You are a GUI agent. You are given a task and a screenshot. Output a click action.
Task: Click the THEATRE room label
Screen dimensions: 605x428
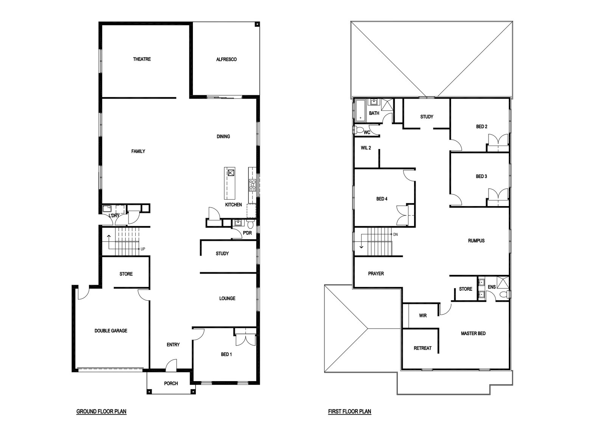pyautogui.click(x=142, y=59)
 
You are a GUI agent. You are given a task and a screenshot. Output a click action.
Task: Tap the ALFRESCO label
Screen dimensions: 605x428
pyautogui.click(x=226, y=59)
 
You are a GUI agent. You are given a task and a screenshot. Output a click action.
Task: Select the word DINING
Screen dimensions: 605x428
pyautogui.click(x=223, y=136)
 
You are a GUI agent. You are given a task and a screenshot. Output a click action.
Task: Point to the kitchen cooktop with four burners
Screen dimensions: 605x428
pyautogui.click(x=253, y=186)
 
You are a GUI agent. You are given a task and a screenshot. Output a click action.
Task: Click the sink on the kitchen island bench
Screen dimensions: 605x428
pyautogui.click(x=231, y=172)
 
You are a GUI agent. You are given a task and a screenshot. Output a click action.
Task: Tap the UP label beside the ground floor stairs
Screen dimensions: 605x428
pyautogui.click(x=143, y=249)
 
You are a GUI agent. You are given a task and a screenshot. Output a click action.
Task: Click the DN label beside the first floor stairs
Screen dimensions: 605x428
pyautogui.click(x=396, y=234)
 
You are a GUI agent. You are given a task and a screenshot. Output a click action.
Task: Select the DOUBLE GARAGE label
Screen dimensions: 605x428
pyautogui.click(x=111, y=331)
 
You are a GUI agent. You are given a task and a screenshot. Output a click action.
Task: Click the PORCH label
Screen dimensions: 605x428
pyautogui.click(x=171, y=383)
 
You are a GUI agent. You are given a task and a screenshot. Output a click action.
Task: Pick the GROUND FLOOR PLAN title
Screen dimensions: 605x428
pyautogui.click(x=101, y=411)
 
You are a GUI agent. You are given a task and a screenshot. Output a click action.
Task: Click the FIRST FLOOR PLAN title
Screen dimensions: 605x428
pyautogui.click(x=349, y=411)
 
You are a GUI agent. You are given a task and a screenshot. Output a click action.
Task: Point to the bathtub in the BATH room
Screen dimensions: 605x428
pyautogui.click(x=360, y=110)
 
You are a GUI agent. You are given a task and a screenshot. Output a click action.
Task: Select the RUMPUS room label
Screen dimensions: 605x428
pyautogui.click(x=476, y=241)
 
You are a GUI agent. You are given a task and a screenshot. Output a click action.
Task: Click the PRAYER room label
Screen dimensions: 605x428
pyautogui.click(x=376, y=274)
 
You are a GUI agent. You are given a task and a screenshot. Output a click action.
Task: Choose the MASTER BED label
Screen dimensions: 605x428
pyautogui.click(x=473, y=334)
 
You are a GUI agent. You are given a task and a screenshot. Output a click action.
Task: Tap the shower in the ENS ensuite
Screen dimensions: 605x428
pyautogui.click(x=503, y=282)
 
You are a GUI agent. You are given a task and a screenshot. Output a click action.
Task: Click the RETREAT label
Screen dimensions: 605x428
pyautogui.click(x=423, y=348)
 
